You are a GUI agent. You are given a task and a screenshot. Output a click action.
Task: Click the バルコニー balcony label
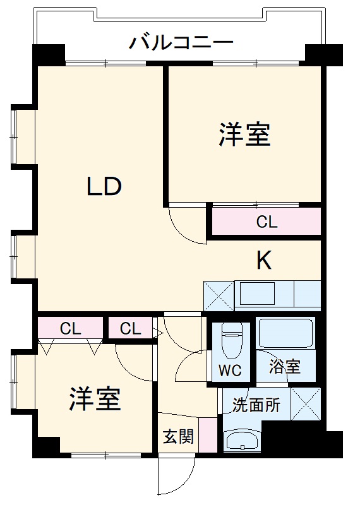point(181,43)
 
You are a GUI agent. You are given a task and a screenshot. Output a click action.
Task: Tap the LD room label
point(104,187)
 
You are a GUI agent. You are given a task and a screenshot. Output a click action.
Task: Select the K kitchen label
point(263,260)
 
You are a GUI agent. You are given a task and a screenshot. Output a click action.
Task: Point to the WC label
point(230,371)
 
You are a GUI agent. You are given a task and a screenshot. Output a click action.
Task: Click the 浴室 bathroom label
point(284,366)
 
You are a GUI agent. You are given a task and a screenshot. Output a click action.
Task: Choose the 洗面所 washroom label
point(256,405)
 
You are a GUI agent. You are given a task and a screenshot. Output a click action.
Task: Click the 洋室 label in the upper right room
point(244,134)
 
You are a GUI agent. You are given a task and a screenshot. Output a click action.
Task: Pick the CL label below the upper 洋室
point(267,222)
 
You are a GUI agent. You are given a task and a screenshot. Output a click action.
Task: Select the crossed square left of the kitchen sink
point(219,295)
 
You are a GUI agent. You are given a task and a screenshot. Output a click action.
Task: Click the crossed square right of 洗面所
point(306,403)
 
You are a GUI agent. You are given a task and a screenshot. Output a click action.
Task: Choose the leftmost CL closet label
point(70,328)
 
